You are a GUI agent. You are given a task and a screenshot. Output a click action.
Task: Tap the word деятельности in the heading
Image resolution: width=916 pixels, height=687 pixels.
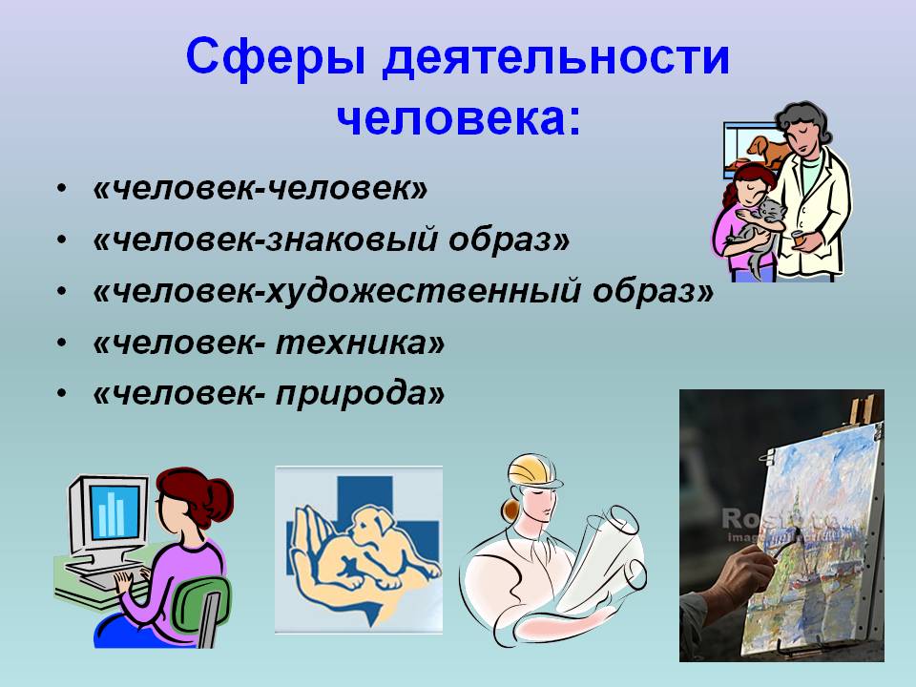(x=556, y=58)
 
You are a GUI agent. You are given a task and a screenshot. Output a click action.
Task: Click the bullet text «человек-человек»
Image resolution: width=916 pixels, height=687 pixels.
(x=260, y=189)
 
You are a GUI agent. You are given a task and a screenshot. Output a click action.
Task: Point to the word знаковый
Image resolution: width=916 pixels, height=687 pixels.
(x=352, y=239)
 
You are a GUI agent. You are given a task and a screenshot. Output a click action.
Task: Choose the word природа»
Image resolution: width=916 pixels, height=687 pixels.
(x=361, y=394)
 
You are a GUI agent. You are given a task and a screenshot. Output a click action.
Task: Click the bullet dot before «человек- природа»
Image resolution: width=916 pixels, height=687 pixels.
(x=62, y=394)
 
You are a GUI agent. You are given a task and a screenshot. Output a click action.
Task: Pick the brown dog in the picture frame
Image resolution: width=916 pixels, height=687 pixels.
(x=766, y=150)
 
